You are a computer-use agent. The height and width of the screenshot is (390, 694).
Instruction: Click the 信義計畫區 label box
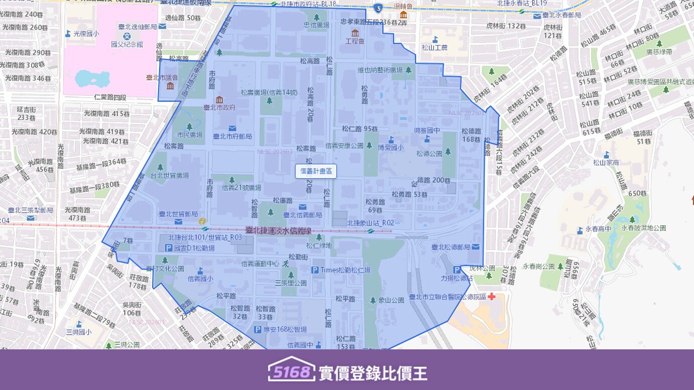tap(316, 171)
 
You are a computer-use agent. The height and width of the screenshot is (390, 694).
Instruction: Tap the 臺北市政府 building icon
tap(219, 99)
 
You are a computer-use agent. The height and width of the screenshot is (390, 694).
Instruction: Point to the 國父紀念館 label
tap(127, 44)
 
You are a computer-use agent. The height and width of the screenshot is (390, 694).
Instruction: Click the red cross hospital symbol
tap(491, 296)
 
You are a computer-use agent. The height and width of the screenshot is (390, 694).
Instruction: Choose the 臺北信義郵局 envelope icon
tap(302, 207)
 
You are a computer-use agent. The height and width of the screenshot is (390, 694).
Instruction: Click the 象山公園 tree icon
tap(373, 300)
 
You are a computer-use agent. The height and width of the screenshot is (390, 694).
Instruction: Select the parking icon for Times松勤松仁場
tap(315, 270)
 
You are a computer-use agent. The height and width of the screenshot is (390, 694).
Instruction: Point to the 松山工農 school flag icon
tap(435, 39)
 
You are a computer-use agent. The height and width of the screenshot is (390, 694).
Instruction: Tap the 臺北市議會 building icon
tap(170, 86)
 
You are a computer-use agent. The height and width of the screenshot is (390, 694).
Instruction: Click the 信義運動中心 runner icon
tap(286, 263)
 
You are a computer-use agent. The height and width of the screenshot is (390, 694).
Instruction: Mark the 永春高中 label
tap(601, 229)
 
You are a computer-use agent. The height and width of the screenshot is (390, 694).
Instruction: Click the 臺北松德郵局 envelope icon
tap(475, 246)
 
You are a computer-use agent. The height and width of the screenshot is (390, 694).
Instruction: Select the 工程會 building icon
tap(355, 33)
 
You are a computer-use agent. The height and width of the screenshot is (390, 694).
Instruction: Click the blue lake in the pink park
tap(92, 79)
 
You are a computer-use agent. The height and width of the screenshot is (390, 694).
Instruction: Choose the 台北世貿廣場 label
tap(170, 175)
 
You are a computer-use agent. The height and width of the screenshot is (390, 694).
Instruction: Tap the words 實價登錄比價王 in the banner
tap(373, 373)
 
